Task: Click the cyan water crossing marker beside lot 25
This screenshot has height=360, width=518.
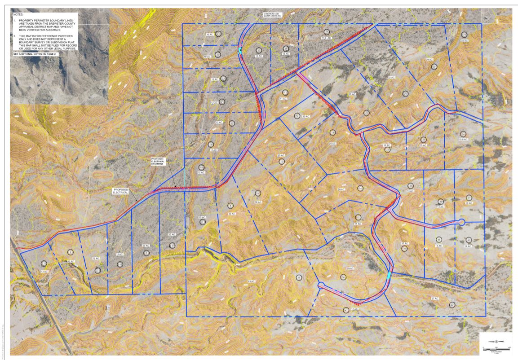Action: click(x=241, y=50)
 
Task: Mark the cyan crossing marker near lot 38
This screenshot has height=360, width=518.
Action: click(x=389, y=275)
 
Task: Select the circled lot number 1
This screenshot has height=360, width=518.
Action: click(x=44, y=263)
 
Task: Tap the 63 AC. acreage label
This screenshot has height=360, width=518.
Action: click(x=251, y=281)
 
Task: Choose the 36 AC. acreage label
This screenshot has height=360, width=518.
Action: click(x=258, y=202)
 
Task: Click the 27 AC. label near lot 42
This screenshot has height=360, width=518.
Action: click(x=434, y=299)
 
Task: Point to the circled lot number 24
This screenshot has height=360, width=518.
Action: click(x=218, y=34)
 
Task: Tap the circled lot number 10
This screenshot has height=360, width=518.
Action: click(x=282, y=161)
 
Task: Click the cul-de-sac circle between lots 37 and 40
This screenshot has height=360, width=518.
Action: click(x=461, y=222)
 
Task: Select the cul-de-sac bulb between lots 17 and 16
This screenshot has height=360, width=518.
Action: click(x=321, y=285)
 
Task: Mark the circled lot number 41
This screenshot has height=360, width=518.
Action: click(x=345, y=310)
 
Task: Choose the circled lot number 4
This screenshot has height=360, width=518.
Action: click(x=120, y=264)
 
